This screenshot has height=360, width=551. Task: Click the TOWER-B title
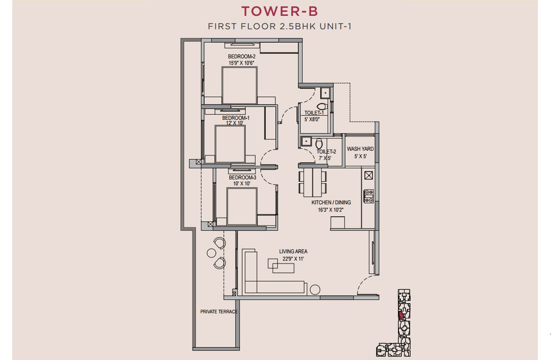(x=280, y=11)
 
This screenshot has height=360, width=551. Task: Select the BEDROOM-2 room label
(x=242, y=56)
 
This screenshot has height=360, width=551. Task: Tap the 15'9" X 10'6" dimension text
(x=241, y=63)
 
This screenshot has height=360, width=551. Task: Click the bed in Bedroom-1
(x=230, y=144)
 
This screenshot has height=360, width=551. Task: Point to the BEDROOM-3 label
(x=242, y=177)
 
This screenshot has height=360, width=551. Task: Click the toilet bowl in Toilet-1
(x=322, y=106)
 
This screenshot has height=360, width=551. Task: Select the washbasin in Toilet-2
(x=306, y=141)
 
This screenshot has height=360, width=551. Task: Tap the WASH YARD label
(x=360, y=149)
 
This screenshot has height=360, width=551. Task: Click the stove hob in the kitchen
(x=369, y=196)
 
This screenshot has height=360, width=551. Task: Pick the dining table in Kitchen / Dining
(x=313, y=182)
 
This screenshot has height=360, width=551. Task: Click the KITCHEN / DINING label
(x=331, y=202)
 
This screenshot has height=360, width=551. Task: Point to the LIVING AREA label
(x=293, y=252)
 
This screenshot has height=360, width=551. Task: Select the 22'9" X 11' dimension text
(x=293, y=259)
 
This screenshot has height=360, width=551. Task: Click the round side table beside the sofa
(x=315, y=289)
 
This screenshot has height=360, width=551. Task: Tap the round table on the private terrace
(x=211, y=253)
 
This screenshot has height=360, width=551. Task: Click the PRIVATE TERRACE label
(x=219, y=312)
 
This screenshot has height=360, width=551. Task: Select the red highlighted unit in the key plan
(x=401, y=315)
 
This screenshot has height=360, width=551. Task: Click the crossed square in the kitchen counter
(x=368, y=175)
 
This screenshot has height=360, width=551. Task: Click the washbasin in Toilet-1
(x=325, y=93)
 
